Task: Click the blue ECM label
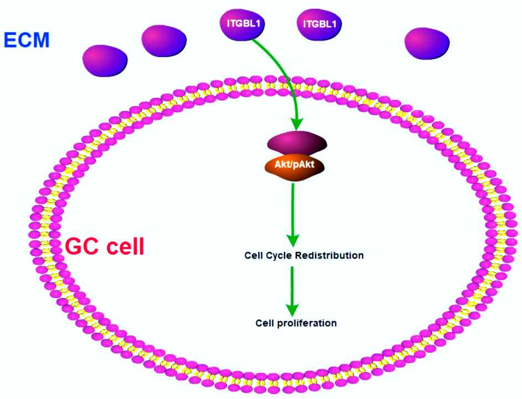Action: (x=26, y=40)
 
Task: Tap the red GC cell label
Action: (x=105, y=246)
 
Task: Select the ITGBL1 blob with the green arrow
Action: (x=244, y=24)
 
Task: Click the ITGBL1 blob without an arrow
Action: (x=320, y=24)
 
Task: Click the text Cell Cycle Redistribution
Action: (x=304, y=255)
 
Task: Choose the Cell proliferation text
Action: (x=296, y=323)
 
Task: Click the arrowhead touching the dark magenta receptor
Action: (x=297, y=124)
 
